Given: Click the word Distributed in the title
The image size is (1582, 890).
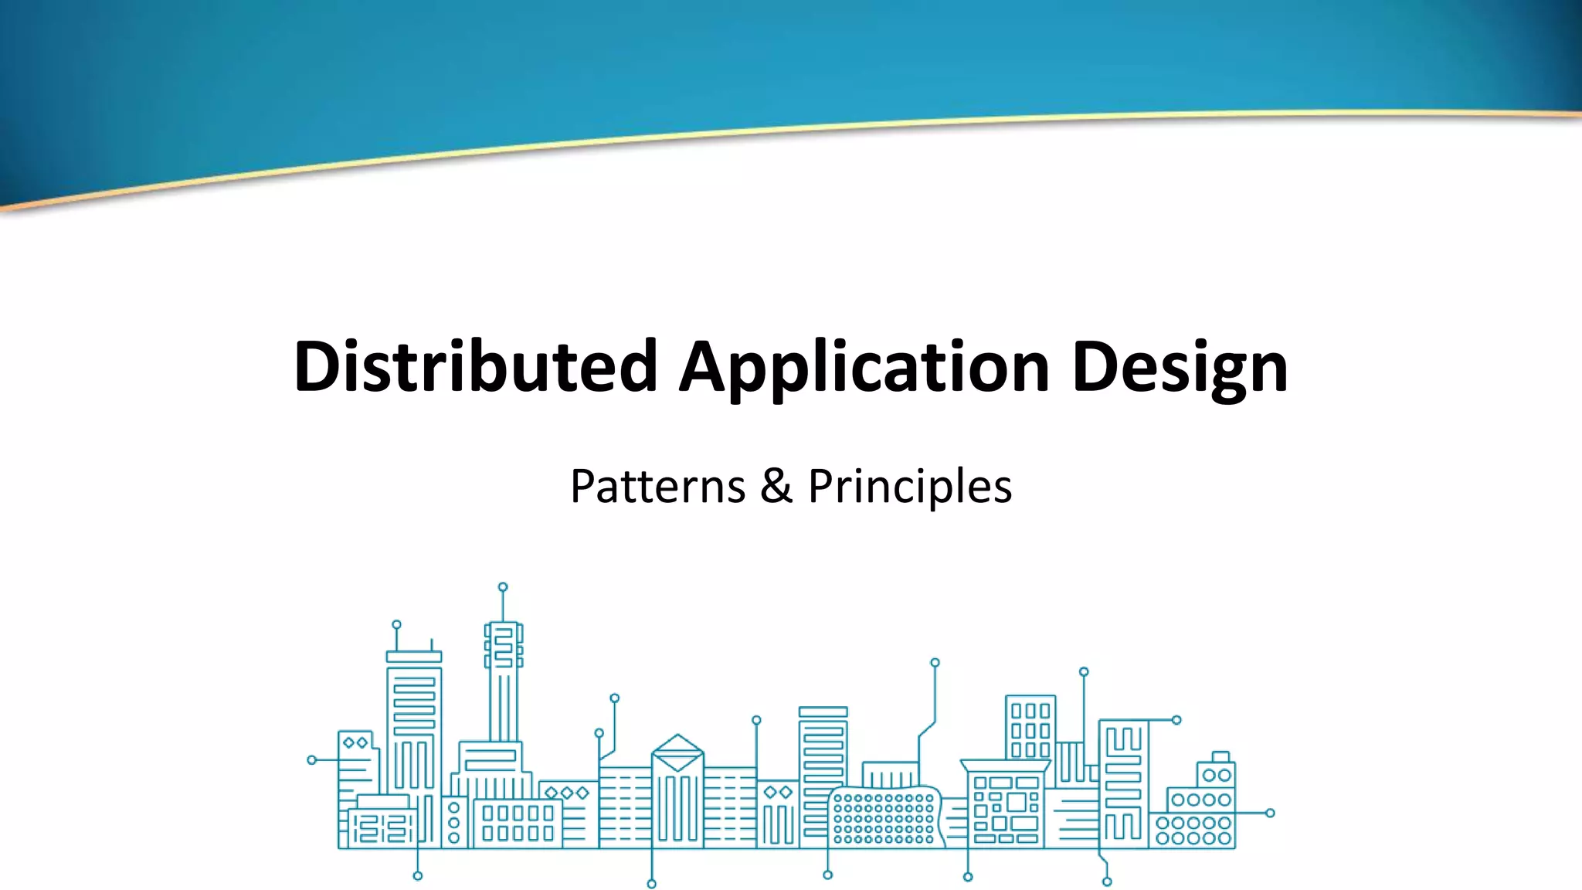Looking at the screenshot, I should click(x=474, y=366).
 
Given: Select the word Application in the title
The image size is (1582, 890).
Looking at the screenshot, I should click(x=864, y=366).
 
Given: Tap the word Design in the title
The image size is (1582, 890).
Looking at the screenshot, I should click(x=1180, y=366).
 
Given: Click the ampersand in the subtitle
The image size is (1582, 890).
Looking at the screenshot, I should click(x=776, y=487).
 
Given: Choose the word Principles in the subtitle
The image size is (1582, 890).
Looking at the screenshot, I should click(x=910, y=487).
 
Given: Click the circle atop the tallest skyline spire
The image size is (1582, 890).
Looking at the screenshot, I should click(x=503, y=587).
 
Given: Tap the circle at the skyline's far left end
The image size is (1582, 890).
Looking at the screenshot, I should click(x=312, y=760).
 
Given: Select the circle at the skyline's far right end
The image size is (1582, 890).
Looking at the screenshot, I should click(x=1270, y=813).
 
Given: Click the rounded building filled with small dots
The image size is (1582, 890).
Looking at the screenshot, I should click(x=885, y=817).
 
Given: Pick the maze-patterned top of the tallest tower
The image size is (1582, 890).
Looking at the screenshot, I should click(x=504, y=646).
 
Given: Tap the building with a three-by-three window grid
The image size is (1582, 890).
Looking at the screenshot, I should click(x=1030, y=729).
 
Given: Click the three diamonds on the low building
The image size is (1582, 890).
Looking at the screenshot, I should click(x=567, y=793).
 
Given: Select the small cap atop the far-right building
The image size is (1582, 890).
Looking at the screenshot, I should click(x=1220, y=756).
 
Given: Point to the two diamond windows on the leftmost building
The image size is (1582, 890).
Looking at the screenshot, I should click(x=355, y=743).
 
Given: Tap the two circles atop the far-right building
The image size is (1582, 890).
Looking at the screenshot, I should click(x=1217, y=775).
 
